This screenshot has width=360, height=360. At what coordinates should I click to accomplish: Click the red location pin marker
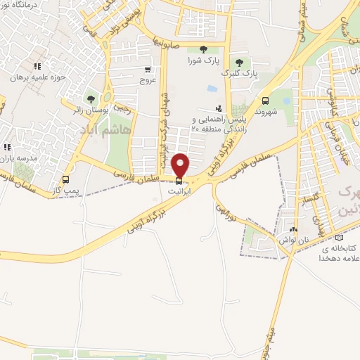coord(181,165)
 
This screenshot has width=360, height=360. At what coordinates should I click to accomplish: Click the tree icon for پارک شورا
coord(203,49)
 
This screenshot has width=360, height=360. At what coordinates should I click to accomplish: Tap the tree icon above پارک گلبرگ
coord(239,63)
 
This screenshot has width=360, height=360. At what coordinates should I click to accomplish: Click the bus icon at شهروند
coord(265,100)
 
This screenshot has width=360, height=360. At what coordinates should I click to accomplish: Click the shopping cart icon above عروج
coord(148,70)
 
